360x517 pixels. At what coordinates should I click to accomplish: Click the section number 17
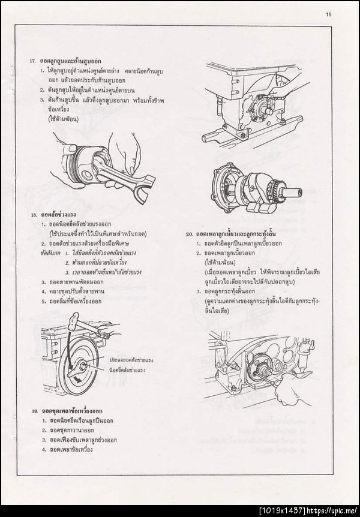click(x=32, y=62)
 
